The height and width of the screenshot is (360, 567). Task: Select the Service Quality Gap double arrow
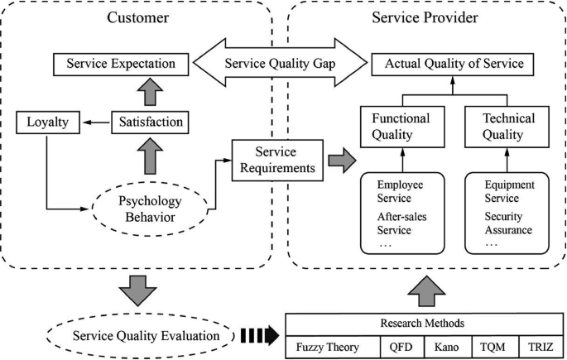281,62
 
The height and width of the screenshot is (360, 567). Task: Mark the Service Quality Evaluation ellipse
147,336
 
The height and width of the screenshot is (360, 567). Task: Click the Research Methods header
423,323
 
